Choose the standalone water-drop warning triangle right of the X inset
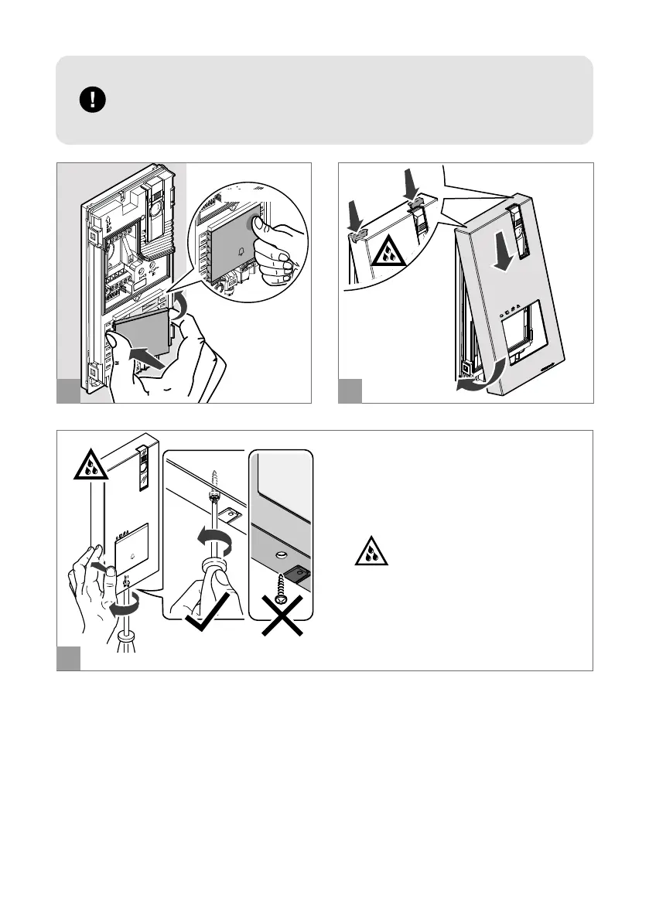[x=373, y=551]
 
